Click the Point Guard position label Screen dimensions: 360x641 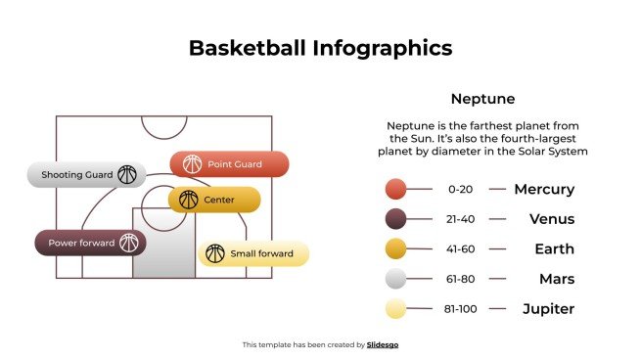pyautogui.click(x=235, y=164)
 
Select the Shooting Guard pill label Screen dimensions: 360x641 pyautogui.click(x=70, y=175)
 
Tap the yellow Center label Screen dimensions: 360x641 pyautogui.click(x=219, y=200)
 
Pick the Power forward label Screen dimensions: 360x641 pyautogui.click(x=81, y=243)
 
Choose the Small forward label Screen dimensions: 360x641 pyautogui.click(x=261, y=254)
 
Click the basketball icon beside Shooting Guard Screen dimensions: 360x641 pyautogui.click(x=127, y=175)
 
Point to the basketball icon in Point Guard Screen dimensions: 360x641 pyautogui.click(x=191, y=164)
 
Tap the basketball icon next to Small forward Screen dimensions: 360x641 pyautogui.click(x=215, y=254)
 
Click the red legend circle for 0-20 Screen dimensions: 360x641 pyautogui.click(x=395, y=190)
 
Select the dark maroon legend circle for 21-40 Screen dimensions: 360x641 pyautogui.click(x=395, y=219)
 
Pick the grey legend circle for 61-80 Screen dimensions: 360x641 pyautogui.click(x=395, y=280)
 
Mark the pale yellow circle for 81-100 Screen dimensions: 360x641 pyautogui.click(x=395, y=310)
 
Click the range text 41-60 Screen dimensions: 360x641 pyautogui.click(x=460, y=249)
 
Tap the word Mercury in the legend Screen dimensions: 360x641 pyautogui.click(x=544, y=190)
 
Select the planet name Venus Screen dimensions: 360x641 pyautogui.click(x=553, y=219)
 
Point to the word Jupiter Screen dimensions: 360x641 pyautogui.click(x=547, y=310)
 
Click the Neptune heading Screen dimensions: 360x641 pyautogui.click(x=482, y=99)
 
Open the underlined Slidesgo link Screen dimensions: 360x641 pyautogui.click(x=383, y=344)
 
